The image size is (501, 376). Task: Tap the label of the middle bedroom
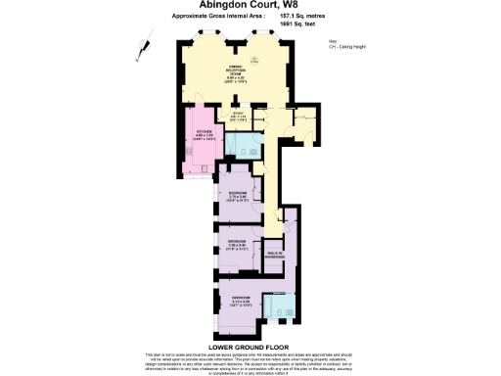237,243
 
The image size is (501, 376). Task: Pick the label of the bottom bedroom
239,300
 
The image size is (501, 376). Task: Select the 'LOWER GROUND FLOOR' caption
250,345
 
